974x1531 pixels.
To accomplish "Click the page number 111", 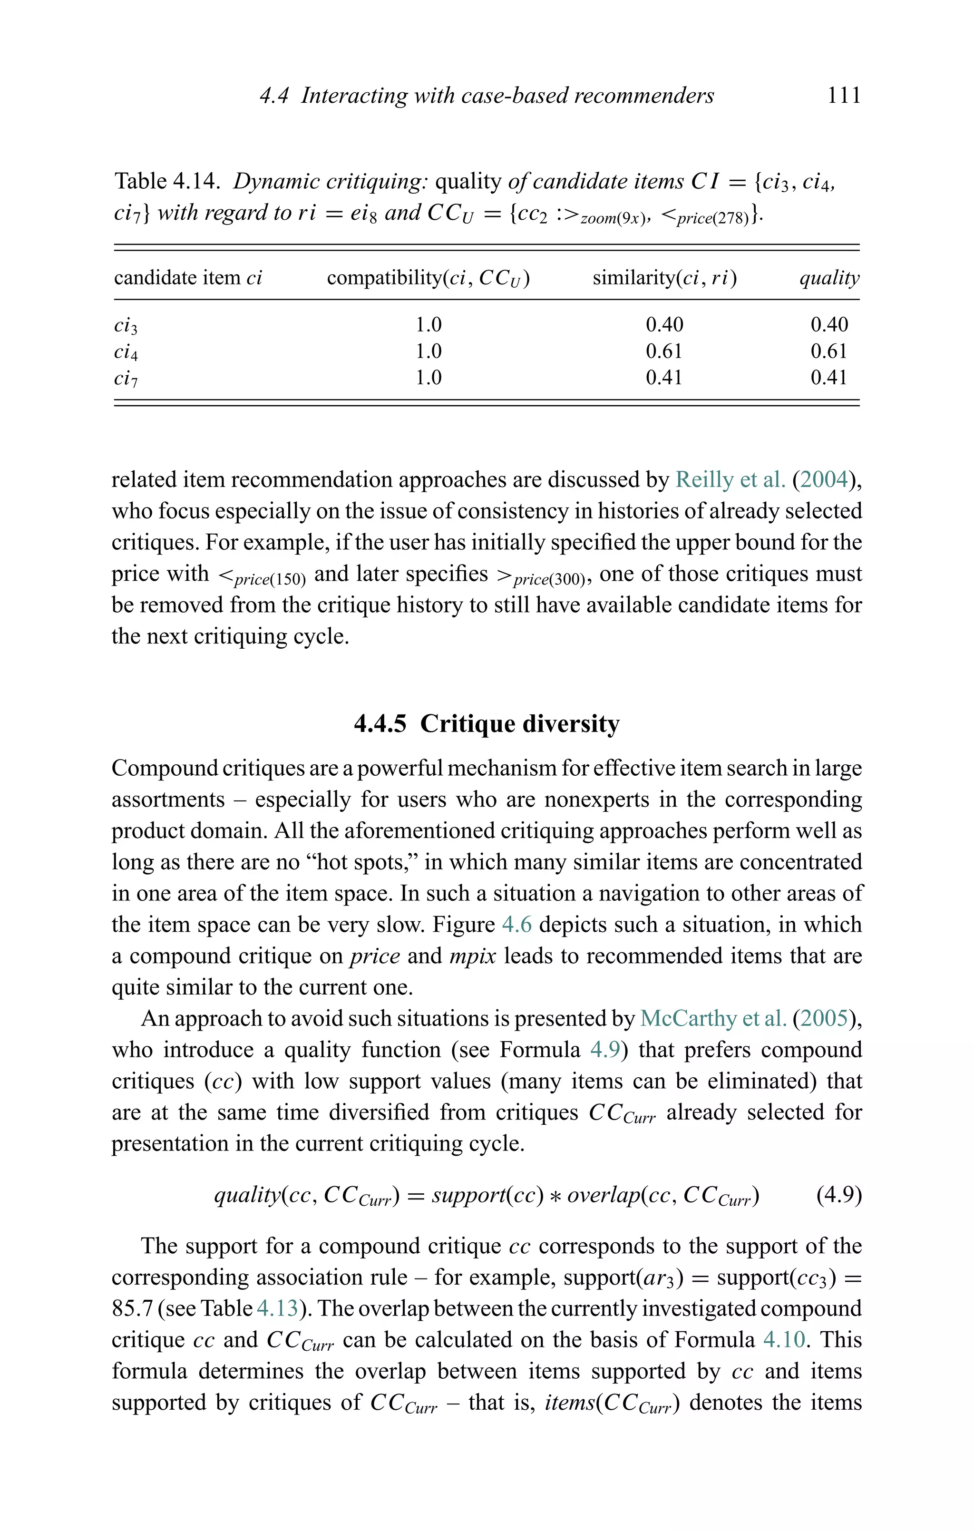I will [x=844, y=96].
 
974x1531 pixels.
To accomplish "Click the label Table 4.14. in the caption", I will [x=167, y=182].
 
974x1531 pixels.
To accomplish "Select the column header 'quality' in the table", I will [x=829, y=278].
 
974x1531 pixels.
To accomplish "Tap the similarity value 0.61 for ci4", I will [x=664, y=351].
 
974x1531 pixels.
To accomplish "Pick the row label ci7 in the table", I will [x=125, y=378].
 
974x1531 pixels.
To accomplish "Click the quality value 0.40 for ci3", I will [x=829, y=325].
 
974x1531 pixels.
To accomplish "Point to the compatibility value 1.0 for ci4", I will [x=428, y=351].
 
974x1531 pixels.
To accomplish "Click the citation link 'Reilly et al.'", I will [x=730, y=479].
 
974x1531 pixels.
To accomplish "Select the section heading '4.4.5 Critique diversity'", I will [x=487, y=723].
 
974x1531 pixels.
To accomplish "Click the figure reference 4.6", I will [x=516, y=925].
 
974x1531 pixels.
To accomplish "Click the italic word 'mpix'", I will [x=472, y=956].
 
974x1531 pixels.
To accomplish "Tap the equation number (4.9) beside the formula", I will [x=838, y=1195].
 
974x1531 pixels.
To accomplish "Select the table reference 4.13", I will [x=277, y=1308].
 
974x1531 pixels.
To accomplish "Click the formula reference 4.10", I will [x=784, y=1340].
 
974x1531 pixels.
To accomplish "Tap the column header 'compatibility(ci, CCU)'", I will [x=428, y=278].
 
